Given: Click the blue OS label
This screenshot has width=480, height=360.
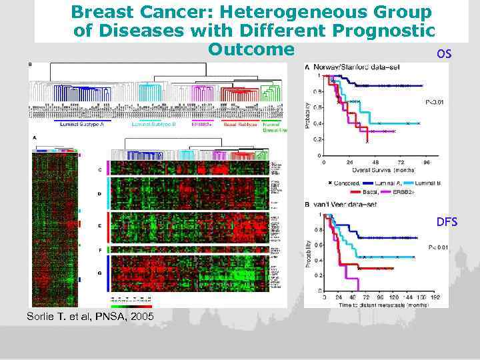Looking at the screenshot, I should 444,53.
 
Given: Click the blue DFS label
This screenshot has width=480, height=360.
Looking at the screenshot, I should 447,221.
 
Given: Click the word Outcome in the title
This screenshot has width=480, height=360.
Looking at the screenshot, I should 251,49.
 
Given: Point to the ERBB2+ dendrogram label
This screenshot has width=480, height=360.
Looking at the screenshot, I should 202,125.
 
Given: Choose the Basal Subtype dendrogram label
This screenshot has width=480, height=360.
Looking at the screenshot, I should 238,125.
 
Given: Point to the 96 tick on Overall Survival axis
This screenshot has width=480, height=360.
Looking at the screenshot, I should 426,162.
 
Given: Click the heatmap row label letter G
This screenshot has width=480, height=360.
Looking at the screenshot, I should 100,273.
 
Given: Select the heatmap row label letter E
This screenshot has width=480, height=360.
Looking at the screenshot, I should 100,226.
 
